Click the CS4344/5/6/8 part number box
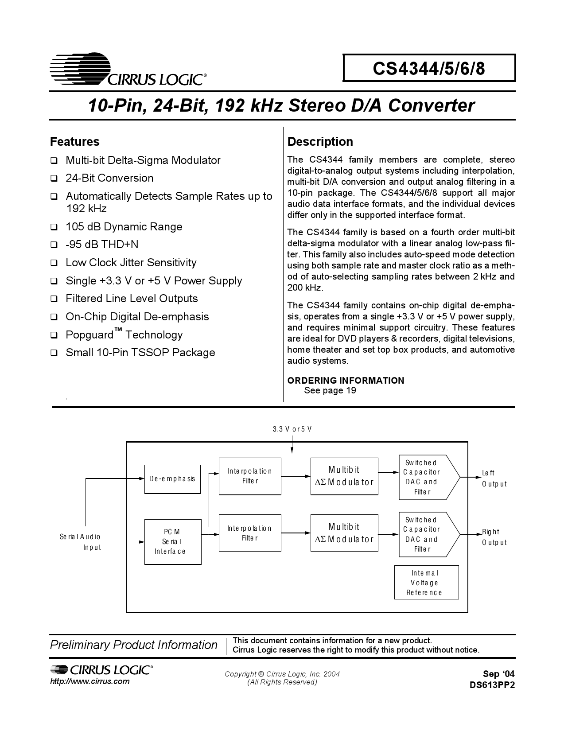pos(429,68)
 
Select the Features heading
pos(75,142)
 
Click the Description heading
pos(320,142)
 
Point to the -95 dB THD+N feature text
pos(102,245)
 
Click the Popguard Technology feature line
pos(124,334)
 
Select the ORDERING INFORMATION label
pos(346,381)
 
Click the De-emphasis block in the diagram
pos(172,479)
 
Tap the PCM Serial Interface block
pos(173,541)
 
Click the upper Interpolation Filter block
pos(250,476)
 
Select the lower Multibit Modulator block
pos(344,533)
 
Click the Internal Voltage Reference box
pos(426,583)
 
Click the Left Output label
pos(494,478)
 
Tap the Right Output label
pos(494,537)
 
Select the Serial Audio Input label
pos(81,542)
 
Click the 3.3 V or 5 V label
pos(292,429)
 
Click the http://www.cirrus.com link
pos(90,681)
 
